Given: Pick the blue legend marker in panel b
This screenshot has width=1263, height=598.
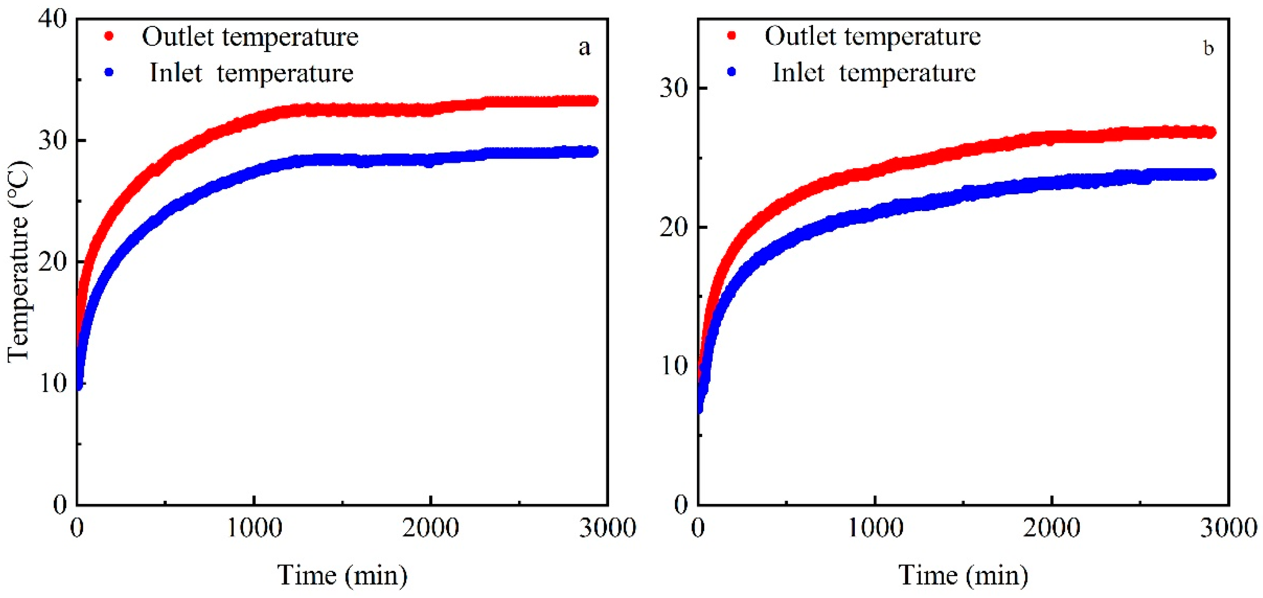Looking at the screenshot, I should point(731,72).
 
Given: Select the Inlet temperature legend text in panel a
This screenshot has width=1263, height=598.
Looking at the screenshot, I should point(251,73).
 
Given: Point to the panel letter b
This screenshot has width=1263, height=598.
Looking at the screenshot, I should point(1209,48).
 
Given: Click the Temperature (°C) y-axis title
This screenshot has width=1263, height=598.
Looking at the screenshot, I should point(19,262).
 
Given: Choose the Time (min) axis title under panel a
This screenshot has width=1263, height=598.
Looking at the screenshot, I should point(342,575).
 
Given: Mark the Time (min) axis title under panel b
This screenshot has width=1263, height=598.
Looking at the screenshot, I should point(963,575).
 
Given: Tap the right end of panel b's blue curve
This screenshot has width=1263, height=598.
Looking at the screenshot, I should point(1210,174).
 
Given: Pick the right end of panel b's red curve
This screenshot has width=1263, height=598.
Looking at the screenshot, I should point(1210,132).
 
